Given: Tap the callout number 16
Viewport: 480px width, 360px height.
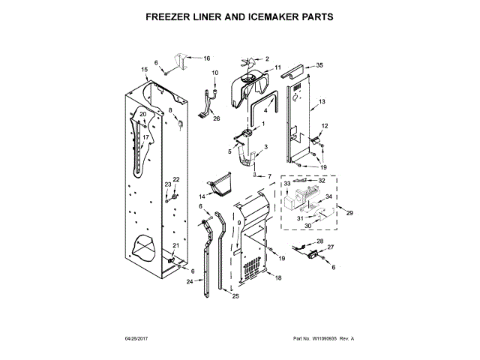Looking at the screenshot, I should pyautogui.click(x=207, y=58).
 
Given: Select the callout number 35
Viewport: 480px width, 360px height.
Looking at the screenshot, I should pyautogui.click(x=319, y=66).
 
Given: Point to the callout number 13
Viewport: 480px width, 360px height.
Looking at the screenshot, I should pyautogui.click(x=322, y=101).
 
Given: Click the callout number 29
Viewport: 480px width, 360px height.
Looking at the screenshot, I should pyautogui.click(x=349, y=214).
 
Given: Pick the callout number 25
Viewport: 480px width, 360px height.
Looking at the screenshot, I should pyautogui.click(x=235, y=297).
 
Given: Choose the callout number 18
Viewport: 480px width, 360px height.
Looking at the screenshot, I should pyautogui.click(x=277, y=278).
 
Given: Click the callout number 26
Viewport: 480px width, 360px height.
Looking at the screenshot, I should pyautogui.click(x=217, y=118).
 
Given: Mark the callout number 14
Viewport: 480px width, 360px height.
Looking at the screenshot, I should pyautogui.click(x=201, y=196).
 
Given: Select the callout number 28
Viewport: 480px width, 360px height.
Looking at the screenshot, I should pyautogui.click(x=319, y=241).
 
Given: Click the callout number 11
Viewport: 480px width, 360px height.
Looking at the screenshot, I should pyautogui.click(x=277, y=67).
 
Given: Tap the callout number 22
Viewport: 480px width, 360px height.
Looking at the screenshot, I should pyautogui.click(x=177, y=179).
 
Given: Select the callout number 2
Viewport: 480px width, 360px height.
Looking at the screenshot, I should pyautogui.click(x=266, y=58).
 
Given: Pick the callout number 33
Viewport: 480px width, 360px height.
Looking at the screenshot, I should pyautogui.click(x=286, y=182).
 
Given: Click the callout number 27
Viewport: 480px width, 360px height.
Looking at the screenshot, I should pyautogui.click(x=330, y=247).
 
